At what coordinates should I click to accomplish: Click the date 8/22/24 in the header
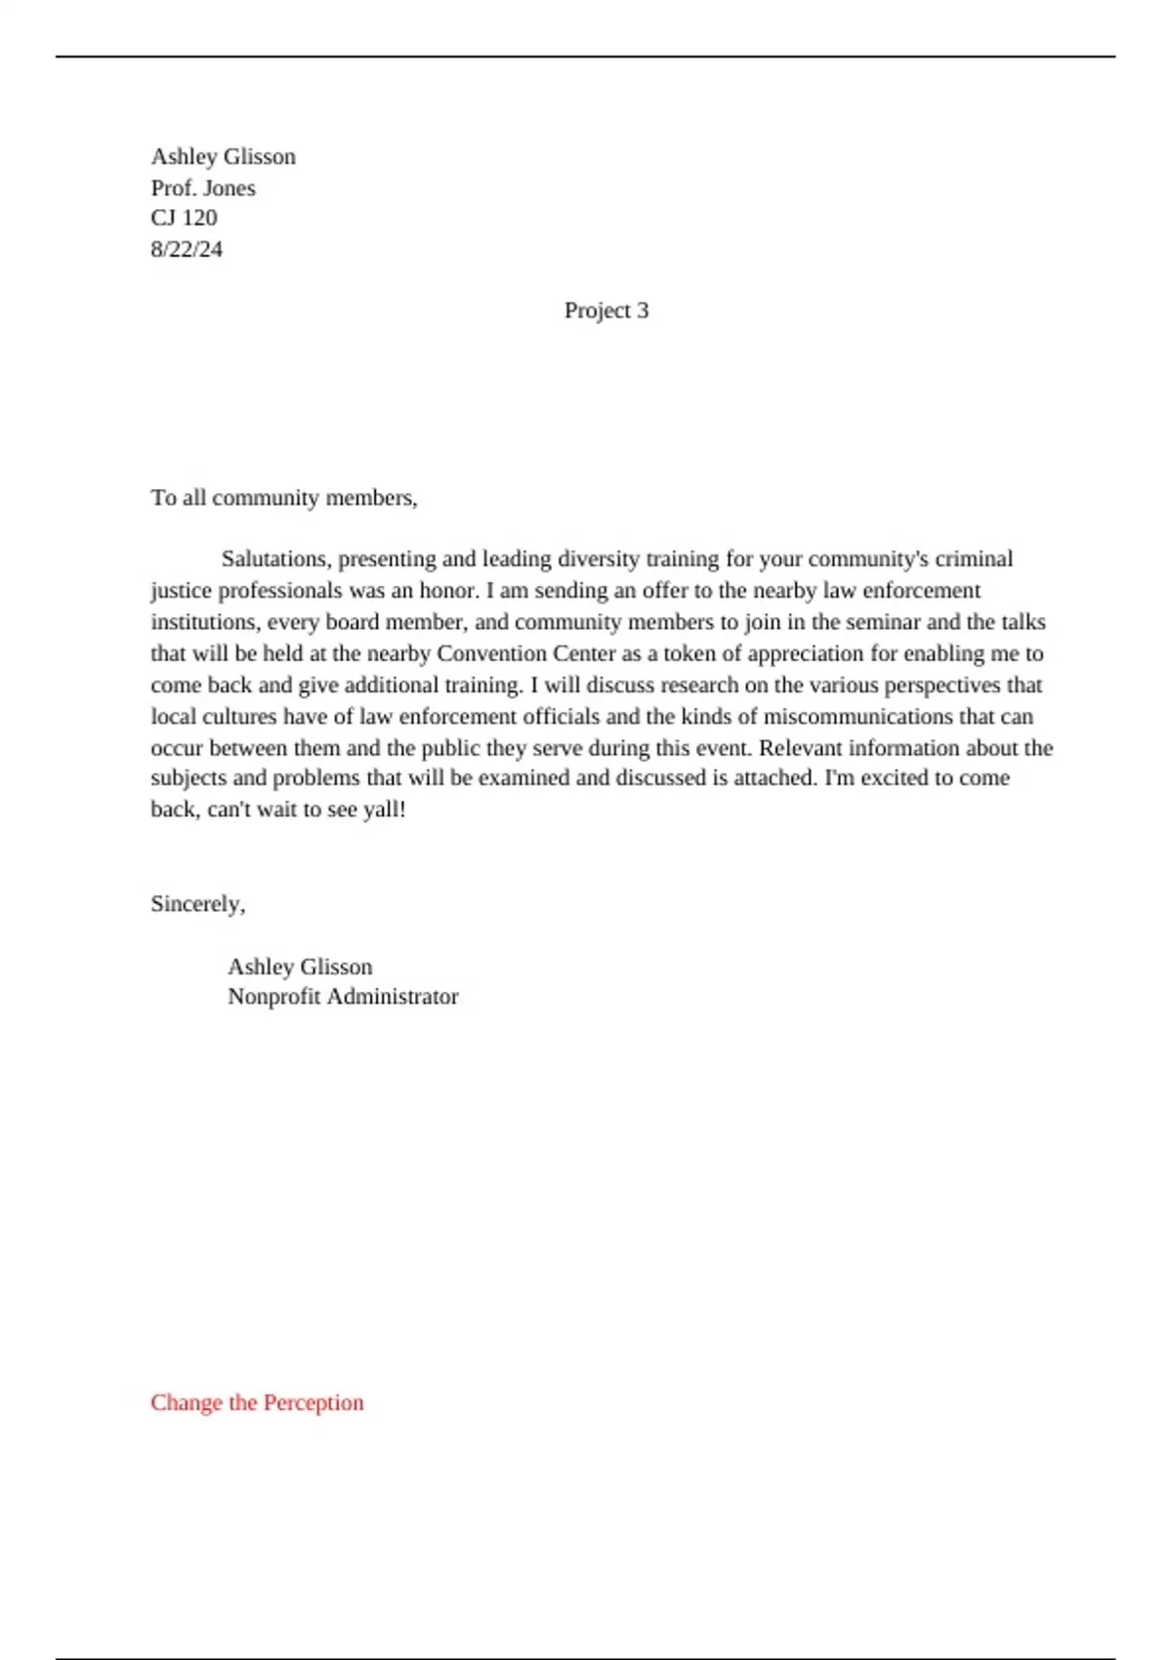(187, 249)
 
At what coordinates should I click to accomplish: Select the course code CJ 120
(184, 218)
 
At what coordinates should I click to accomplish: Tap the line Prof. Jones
(203, 187)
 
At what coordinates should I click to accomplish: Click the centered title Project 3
(606, 311)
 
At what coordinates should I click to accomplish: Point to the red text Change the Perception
(257, 1402)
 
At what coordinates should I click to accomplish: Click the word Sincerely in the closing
(195, 904)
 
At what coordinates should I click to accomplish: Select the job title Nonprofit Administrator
(343, 997)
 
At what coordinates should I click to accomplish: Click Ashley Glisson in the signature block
(300, 967)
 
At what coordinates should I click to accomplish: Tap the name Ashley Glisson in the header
(223, 156)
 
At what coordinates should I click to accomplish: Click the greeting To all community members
(284, 498)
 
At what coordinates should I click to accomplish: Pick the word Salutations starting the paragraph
(275, 560)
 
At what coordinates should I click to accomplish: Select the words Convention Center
(526, 653)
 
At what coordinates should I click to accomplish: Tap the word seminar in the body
(884, 622)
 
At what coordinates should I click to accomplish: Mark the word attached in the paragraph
(774, 778)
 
